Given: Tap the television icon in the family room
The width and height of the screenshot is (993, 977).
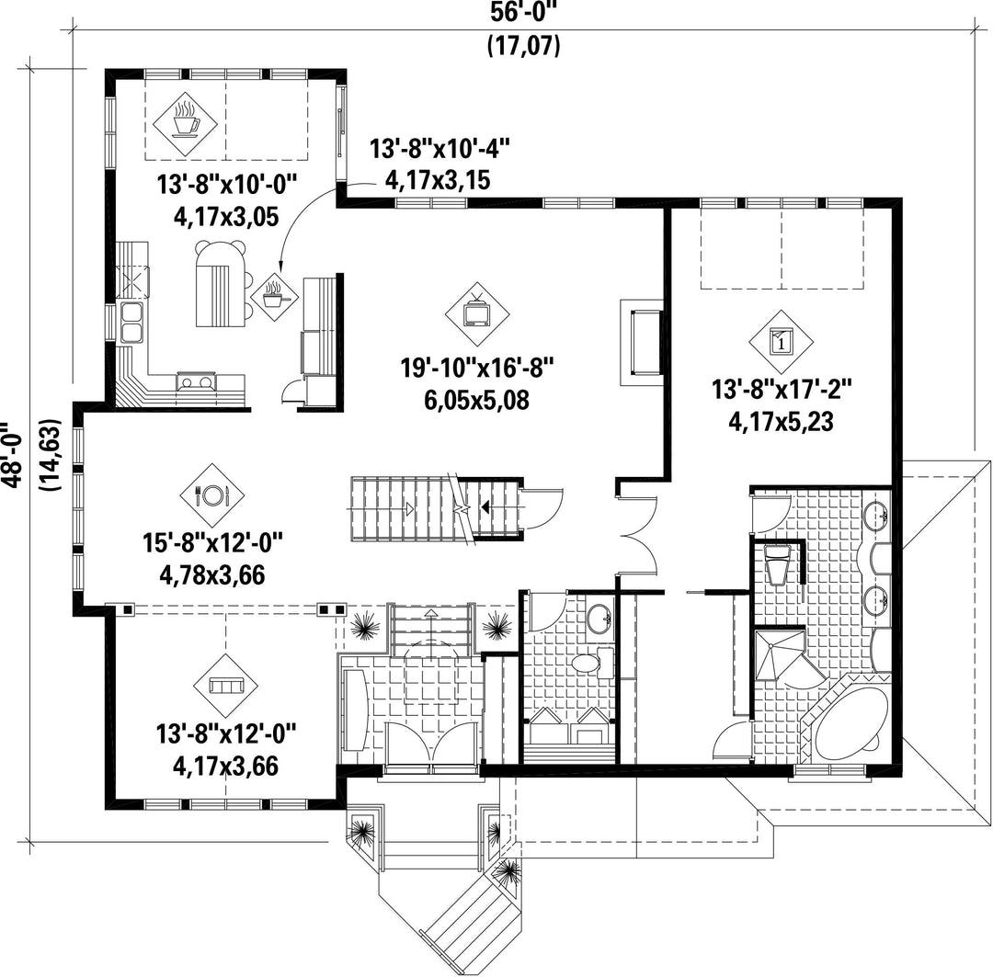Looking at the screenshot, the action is [x=476, y=312].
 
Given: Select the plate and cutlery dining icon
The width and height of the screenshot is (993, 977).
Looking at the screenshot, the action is [x=212, y=494].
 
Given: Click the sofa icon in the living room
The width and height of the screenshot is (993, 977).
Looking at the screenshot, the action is [x=227, y=686].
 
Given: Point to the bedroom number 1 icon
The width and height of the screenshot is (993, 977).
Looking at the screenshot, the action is [x=781, y=343].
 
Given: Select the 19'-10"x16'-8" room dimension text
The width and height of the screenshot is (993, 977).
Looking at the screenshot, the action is [x=477, y=368].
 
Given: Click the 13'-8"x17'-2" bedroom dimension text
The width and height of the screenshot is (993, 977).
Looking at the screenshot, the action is [x=782, y=389].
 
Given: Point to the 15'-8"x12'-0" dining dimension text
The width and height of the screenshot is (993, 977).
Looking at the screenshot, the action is [x=212, y=542].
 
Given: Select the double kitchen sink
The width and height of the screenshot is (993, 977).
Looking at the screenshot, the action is [x=131, y=323].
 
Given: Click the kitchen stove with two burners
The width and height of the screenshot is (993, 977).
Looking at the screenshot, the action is [x=197, y=382].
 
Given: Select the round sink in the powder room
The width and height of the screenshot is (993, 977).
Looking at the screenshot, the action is [x=599, y=617].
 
